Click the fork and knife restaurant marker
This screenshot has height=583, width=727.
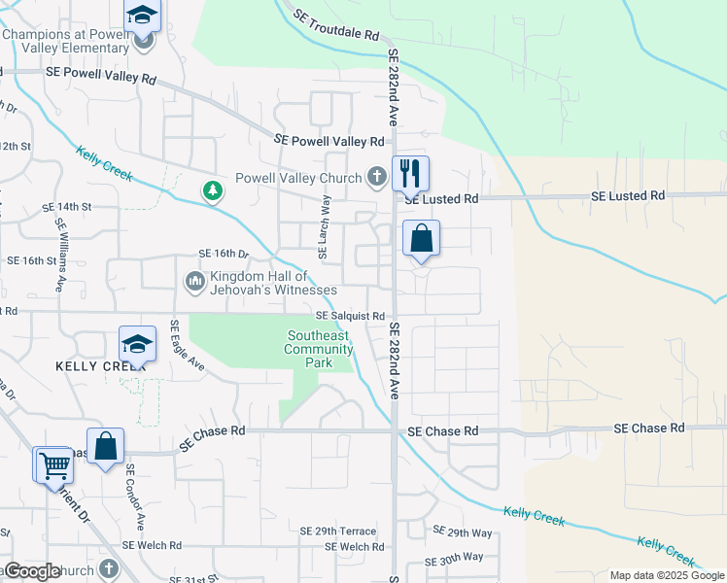pyautogui.click(x=410, y=175)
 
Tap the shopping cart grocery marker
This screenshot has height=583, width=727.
pyautogui.click(x=53, y=465)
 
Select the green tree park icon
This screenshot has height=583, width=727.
pyautogui.click(x=211, y=190)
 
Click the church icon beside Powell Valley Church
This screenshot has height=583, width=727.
pyautogui.click(x=377, y=178)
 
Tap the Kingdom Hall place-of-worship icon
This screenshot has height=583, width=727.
pyautogui.click(x=194, y=282)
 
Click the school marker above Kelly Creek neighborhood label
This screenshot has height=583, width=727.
pyautogui.click(x=137, y=345)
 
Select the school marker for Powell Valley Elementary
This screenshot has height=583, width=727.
pyautogui.click(x=143, y=17)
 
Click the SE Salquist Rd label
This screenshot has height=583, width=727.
pyautogui.click(x=350, y=316)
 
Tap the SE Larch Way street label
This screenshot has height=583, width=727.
pyautogui.click(x=326, y=226)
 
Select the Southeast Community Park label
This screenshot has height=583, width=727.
pyautogui.click(x=318, y=350)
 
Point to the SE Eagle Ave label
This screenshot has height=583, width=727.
pyautogui.click(x=186, y=346)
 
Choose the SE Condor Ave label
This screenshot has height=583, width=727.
pyautogui.click(x=134, y=496)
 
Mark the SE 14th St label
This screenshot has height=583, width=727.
pyautogui.click(x=66, y=207)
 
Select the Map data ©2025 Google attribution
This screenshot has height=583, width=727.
pyautogui.click(x=666, y=575)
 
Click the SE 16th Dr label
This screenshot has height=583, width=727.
pyautogui.click(x=224, y=254)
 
